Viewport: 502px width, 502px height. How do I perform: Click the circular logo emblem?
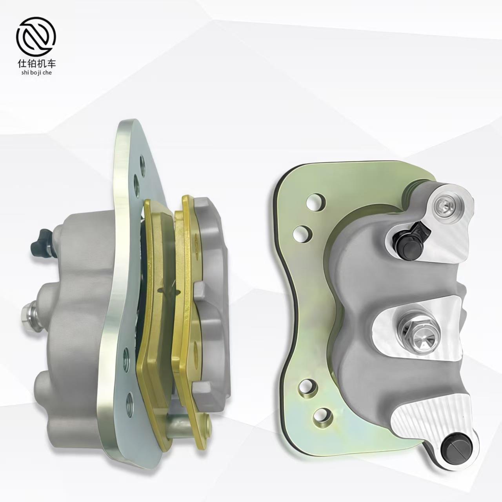point(36,37)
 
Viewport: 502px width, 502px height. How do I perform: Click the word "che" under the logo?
point(47,73)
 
